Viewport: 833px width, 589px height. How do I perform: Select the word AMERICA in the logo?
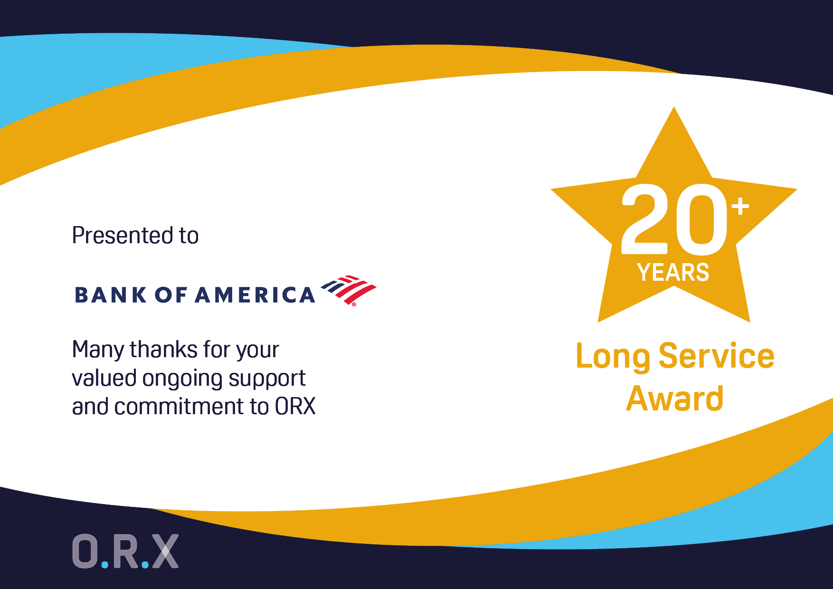pyautogui.click(x=255, y=295)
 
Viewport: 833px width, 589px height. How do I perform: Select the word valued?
pyautogui.click(x=104, y=378)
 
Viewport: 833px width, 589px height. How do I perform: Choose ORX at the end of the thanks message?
pyautogui.click(x=295, y=407)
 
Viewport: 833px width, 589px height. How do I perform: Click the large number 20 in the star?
pyautogui.click(x=674, y=219)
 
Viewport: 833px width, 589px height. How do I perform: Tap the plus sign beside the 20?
pyautogui.click(x=740, y=207)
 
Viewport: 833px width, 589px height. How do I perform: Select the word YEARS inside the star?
pyautogui.click(x=673, y=273)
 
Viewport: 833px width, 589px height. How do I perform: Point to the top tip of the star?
pyautogui.click(x=674, y=107)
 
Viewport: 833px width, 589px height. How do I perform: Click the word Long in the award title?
pyautogui.click(x=613, y=356)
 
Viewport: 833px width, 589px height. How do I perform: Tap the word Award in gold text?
pyautogui.click(x=674, y=398)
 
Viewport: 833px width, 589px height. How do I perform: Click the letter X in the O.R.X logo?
pyautogui.click(x=165, y=551)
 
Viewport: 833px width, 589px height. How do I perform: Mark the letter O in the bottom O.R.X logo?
pyautogui.click(x=85, y=551)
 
